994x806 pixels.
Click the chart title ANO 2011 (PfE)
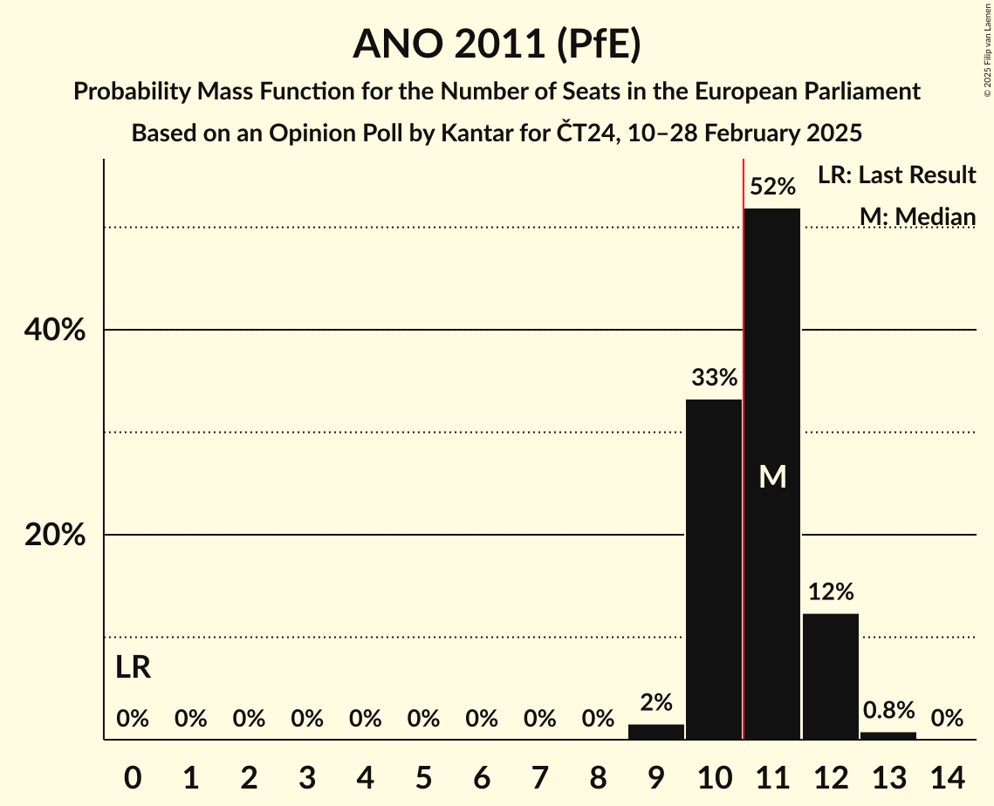pyautogui.click(x=497, y=44)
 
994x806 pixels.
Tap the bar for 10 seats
pyautogui.click(x=714, y=569)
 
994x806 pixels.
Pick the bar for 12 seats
pyautogui.click(x=830, y=676)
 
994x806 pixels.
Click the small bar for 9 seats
pyautogui.click(x=656, y=732)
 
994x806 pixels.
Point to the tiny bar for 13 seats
pyautogui.click(x=888, y=735)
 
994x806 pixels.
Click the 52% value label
pyautogui.click(x=772, y=187)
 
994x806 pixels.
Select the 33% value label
pyautogui.click(x=714, y=378)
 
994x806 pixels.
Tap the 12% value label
pyautogui.click(x=830, y=592)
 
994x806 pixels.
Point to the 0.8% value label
pyautogui.click(x=888, y=710)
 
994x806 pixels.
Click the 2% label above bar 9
pyautogui.click(x=656, y=702)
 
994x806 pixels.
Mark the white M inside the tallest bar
pyautogui.click(x=772, y=476)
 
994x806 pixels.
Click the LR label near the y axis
pyautogui.click(x=133, y=668)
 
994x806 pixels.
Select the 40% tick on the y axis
pyautogui.click(x=54, y=331)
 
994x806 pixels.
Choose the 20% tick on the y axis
pyautogui.click(x=54, y=535)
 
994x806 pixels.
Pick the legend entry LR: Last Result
pyautogui.click(x=896, y=175)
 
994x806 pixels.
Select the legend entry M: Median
pyautogui.click(x=917, y=216)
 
